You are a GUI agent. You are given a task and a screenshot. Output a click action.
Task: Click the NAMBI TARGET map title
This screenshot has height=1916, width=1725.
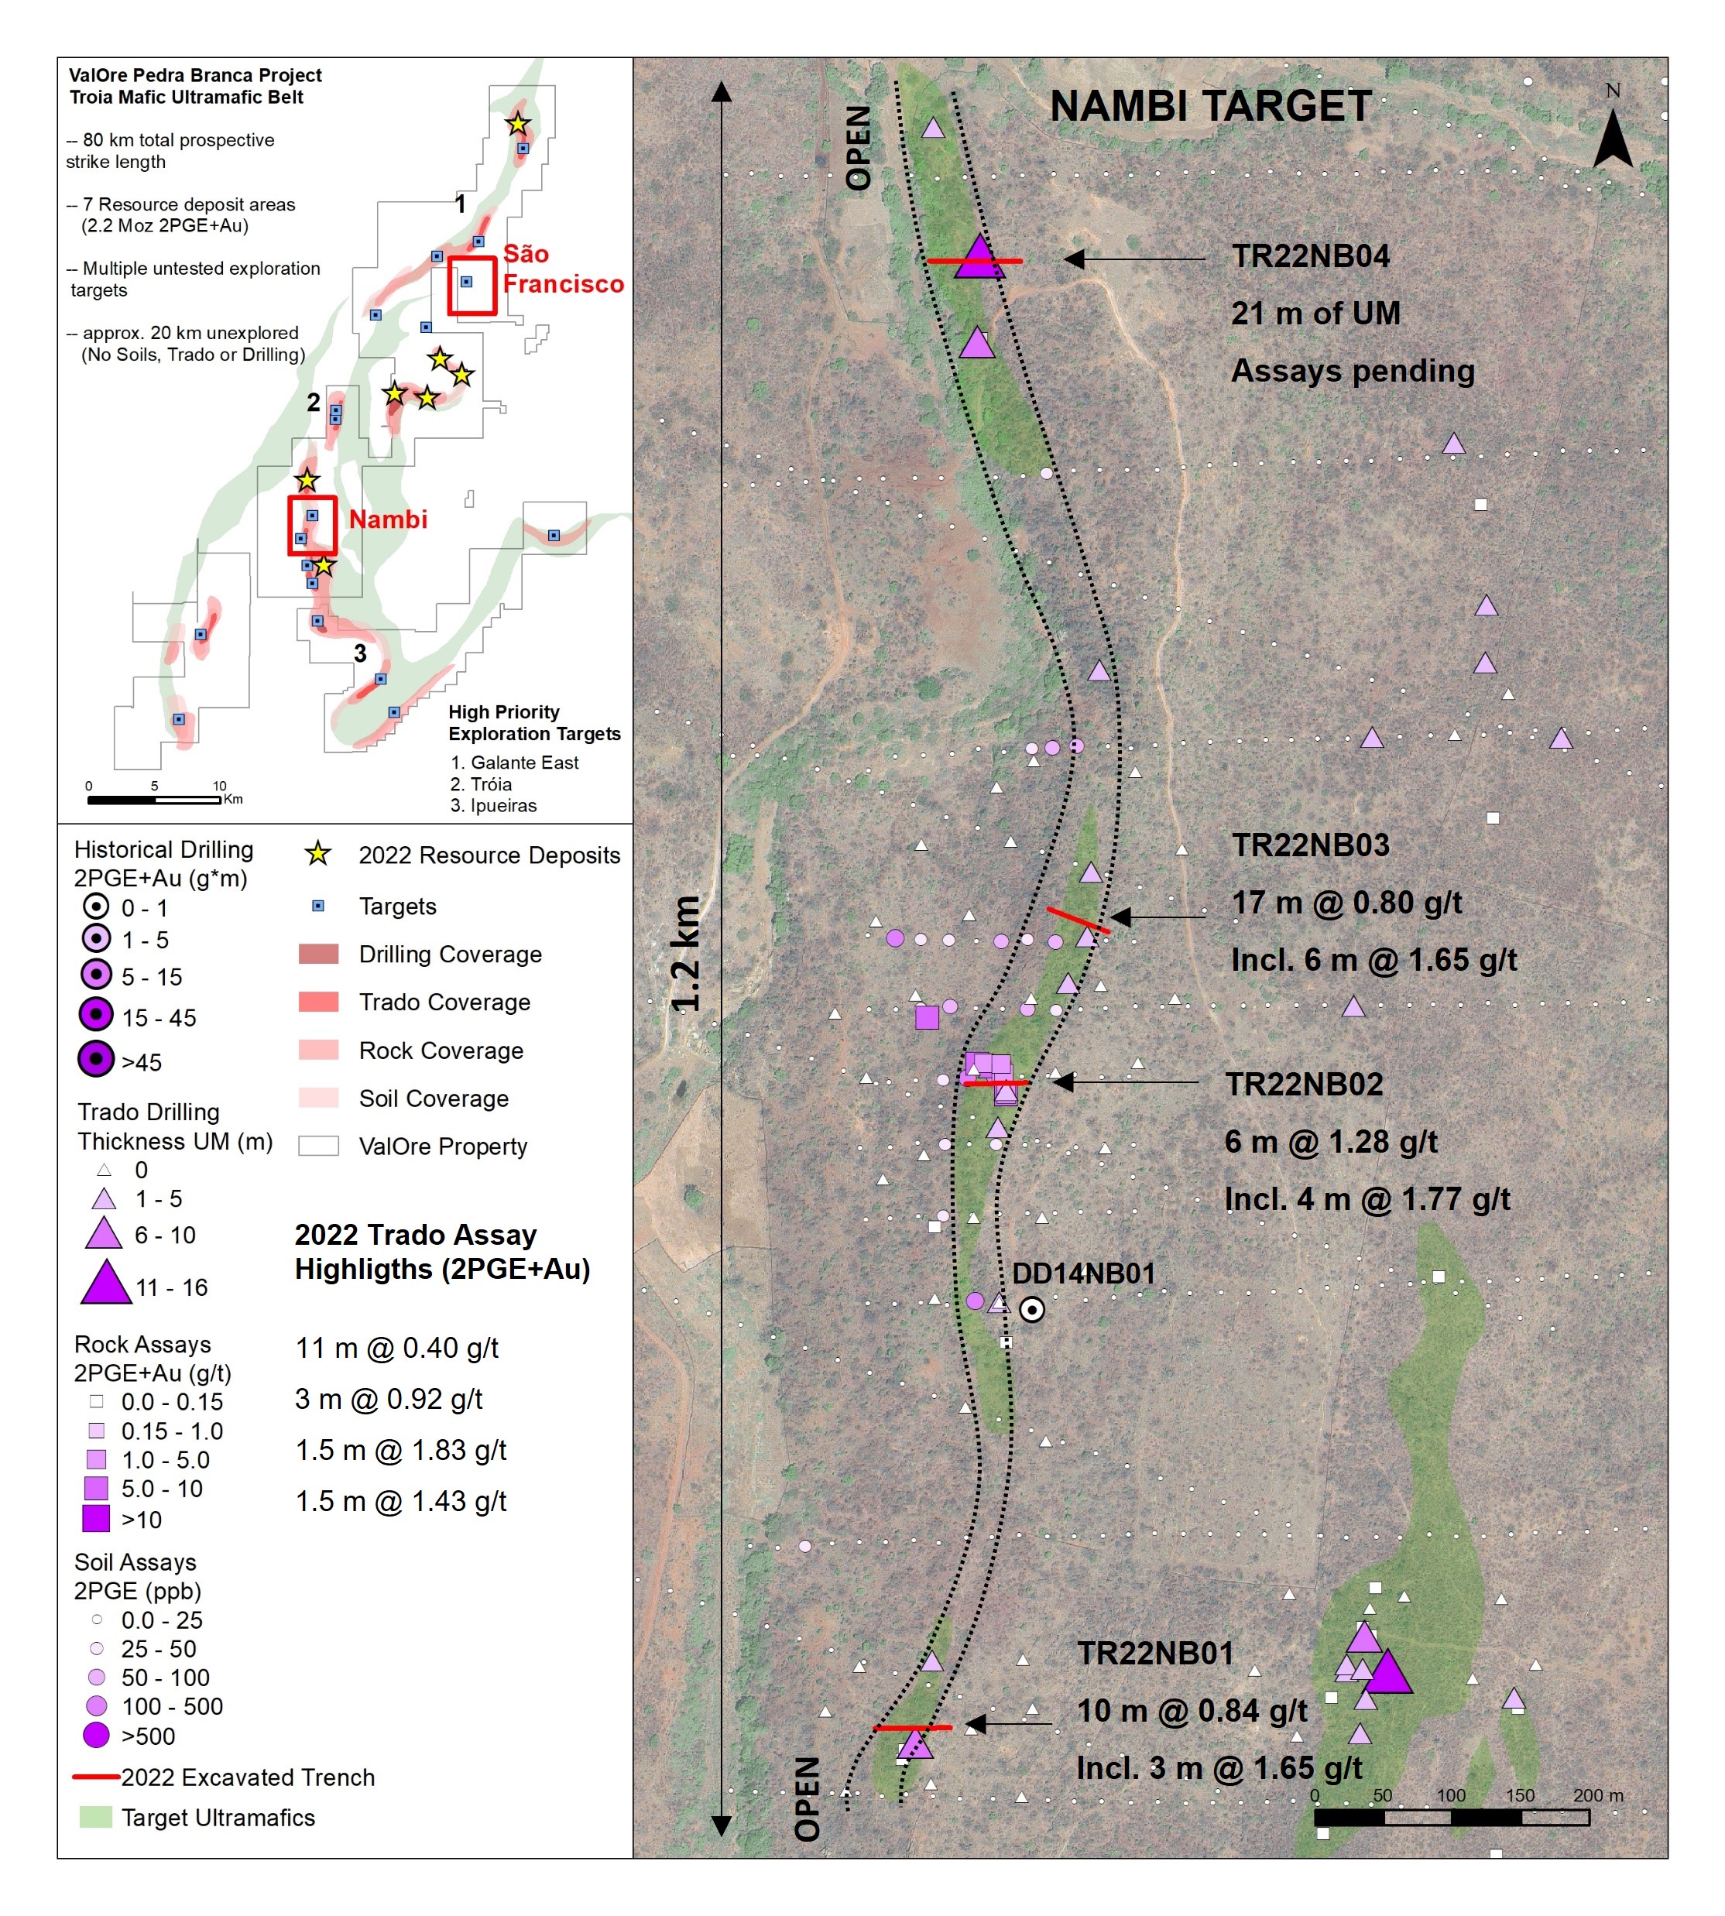tap(1210, 106)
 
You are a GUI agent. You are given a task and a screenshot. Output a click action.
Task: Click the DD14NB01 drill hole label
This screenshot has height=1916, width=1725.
tap(1084, 1273)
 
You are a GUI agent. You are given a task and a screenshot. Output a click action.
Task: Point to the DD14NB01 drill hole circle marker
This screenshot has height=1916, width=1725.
tap(1032, 1310)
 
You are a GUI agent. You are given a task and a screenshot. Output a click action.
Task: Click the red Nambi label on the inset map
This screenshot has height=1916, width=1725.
tap(388, 519)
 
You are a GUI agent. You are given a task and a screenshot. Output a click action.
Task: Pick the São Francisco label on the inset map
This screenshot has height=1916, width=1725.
tap(563, 269)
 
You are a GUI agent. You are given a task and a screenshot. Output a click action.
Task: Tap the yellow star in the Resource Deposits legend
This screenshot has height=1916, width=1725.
tap(318, 854)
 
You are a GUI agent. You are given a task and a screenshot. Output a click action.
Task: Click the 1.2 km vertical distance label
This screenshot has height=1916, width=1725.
tap(685, 953)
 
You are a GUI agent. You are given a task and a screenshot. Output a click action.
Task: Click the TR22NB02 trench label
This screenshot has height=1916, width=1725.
tap(1304, 1084)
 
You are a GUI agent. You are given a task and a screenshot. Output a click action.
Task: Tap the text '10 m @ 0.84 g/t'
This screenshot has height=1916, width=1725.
tap(1192, 1710)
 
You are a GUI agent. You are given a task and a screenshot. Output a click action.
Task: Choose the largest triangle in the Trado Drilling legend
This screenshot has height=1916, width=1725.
tap(106, 1281)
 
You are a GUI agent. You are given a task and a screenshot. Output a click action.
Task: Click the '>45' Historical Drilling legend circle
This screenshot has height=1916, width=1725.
tap(96, 1058)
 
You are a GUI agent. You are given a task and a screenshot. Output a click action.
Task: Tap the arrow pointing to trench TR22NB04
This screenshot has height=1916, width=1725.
tap(1134, 259)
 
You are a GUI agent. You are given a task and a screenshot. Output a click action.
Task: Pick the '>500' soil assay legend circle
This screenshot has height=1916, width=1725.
tap(96, 1735)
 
